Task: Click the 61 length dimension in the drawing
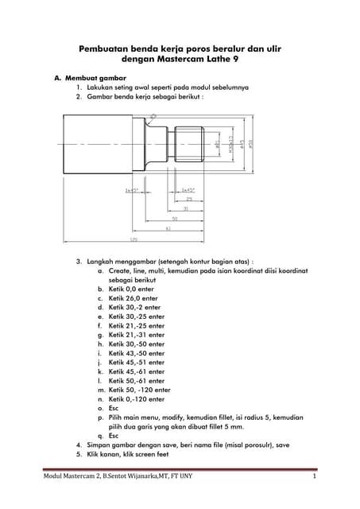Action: (168, 228)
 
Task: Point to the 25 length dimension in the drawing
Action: (190, 199)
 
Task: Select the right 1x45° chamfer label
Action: (188, 191)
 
